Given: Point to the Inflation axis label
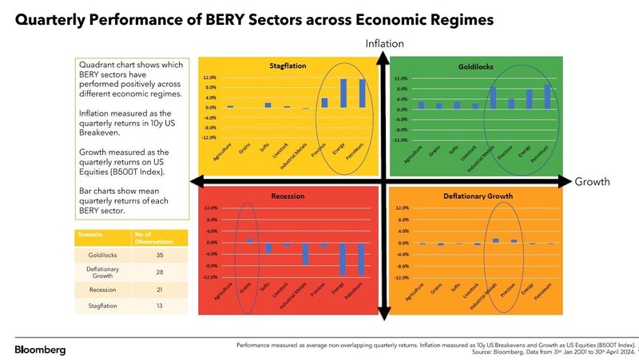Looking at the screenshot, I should (x=384, y=43).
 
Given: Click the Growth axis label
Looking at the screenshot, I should (x=592, y=182).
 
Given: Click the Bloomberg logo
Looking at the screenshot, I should (x=41, y=350).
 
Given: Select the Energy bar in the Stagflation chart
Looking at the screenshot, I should (x=343, y=93).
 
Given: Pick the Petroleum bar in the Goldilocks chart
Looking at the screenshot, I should (x=548, y=97).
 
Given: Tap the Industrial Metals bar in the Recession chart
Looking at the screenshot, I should (x=305, y=253).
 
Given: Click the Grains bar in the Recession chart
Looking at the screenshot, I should (x=249, y=239).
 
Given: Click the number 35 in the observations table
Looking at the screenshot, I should (x=159, y=255).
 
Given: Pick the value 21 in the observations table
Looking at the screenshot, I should (x=159, y=289).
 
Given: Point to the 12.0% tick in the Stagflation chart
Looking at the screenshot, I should (x=210, y=78).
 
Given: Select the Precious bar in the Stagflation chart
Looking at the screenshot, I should (x=325, y=102).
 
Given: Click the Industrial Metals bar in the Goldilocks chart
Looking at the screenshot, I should (x=493, y=97).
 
